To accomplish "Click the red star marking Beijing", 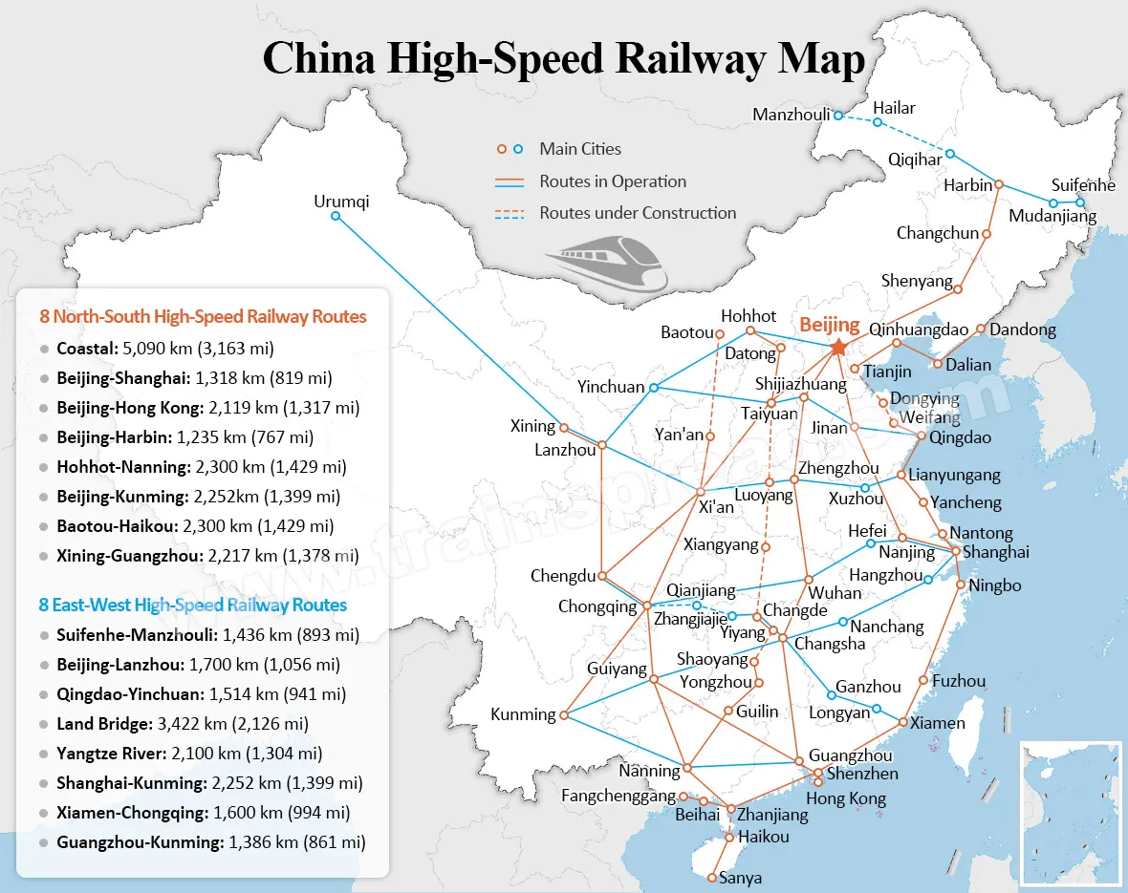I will (x=838, y=347).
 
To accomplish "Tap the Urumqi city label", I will (x=340, y=202).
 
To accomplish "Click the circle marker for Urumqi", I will (x=336, y=217).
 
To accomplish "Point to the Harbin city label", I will (x=967, y=185).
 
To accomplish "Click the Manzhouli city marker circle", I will (x=838, y=116).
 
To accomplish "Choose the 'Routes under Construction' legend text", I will (x=638, y=213).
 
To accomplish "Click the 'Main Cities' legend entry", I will (x=579, y=149).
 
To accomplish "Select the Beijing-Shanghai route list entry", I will (x=206, y=378).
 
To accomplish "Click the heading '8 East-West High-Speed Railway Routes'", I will (x=193, y=605).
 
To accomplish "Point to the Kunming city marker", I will (x=564, y=714).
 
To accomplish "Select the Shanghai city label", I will (x=995, y=552).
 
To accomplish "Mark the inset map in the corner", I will (x=1070, y=813).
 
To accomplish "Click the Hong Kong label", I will (x=846, y=798).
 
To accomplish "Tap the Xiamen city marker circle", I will (x=903, y=722).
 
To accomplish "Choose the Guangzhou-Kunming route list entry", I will (x=210, y=842).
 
